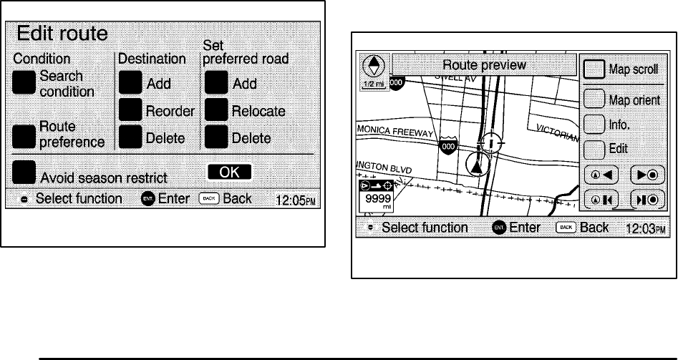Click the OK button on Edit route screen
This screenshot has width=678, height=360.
click(x=230, y=172)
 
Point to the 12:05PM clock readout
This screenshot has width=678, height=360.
click(x=295, y=199)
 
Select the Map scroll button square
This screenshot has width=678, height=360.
click(x=594, y=69)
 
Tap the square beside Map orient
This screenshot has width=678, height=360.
click(x=594, y=99)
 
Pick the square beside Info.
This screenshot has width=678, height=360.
click(x=594, y=124)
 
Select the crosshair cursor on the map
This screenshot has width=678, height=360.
click(x=491, y=142)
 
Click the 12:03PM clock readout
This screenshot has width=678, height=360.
click(x=645, y=229)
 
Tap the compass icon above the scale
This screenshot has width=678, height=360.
click(x=372, y=67)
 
